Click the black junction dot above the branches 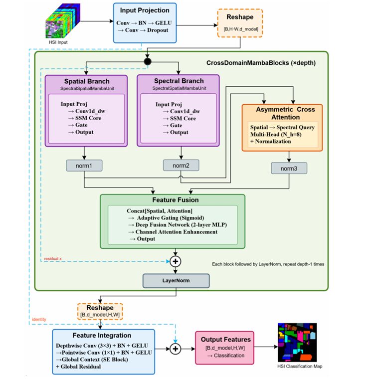tap(147, 62)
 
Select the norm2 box tap(176, 165)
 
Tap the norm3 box tap(289, 169)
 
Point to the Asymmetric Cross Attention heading tap(282, 113)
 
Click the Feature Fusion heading tap(173, 199)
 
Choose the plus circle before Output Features tap(176, 349)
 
